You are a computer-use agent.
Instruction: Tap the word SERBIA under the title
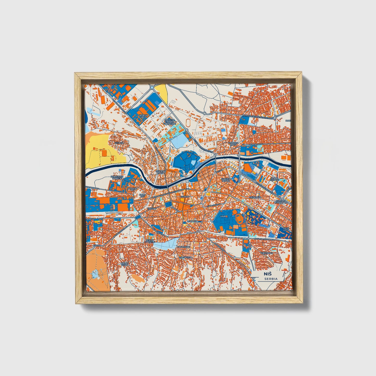click(x=271, y=279)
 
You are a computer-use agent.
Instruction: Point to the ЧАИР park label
click(x=223, y=216)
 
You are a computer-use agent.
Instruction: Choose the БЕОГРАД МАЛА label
click(x=161, y=172)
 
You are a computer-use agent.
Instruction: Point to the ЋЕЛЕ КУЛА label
click(x=286, y=230)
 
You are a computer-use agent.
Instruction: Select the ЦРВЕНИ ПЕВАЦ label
click(x=226, y=180)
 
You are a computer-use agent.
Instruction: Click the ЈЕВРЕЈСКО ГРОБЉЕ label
click(x=117, y=177)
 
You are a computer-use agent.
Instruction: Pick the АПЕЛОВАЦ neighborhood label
click(x=266, y=253)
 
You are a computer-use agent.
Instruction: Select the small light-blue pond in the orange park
click(x=95, y=273)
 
